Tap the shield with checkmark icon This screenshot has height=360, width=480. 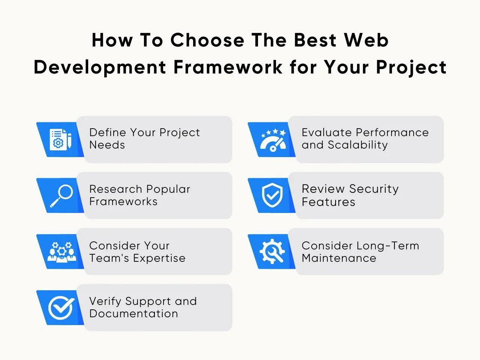272,195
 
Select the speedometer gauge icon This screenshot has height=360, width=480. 273,140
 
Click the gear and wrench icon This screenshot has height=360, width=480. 272,251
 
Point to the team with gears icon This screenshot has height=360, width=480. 62,252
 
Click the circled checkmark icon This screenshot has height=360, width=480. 61,307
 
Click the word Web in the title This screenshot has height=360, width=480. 366,40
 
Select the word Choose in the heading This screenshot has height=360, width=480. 207,40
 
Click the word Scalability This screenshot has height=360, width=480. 358,145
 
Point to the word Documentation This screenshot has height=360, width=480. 133,313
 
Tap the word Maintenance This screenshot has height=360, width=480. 339,258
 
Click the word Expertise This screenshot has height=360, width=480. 159,258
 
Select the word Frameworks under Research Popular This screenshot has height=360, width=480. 123,201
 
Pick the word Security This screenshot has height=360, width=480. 374,189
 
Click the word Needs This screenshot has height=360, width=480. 107,145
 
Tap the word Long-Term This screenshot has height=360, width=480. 388,246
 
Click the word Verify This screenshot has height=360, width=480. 105,301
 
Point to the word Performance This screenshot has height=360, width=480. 392,132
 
